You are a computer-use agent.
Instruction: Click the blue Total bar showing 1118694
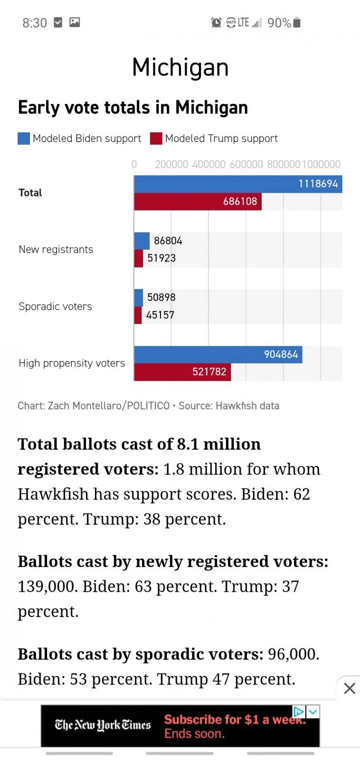(237, 184)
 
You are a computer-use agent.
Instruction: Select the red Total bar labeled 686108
(197, 201)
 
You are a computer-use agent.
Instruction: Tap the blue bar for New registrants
(142, 241)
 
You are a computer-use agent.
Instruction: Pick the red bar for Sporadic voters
(138, 315)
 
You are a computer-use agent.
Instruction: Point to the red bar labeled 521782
(182, 372)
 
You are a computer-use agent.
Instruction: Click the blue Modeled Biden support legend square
(24, 138)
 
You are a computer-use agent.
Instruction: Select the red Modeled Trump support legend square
(156, 138)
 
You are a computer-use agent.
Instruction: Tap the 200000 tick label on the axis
(171, 164)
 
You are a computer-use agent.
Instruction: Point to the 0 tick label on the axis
(134, 164)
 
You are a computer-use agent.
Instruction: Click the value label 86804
(168, 241)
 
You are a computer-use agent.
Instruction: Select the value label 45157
(160, 315)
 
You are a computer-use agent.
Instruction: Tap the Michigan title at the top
(180, 67)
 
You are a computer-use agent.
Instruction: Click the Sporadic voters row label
(55, 306)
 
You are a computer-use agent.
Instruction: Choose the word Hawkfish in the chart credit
(232, 406)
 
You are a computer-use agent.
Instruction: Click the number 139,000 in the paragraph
(47, 586)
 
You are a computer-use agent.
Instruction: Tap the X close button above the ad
(350, 688)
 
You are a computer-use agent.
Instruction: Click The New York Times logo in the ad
(103, 725)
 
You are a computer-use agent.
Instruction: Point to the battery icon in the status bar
(297, 22)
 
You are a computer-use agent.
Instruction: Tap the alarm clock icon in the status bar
(216, 22)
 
